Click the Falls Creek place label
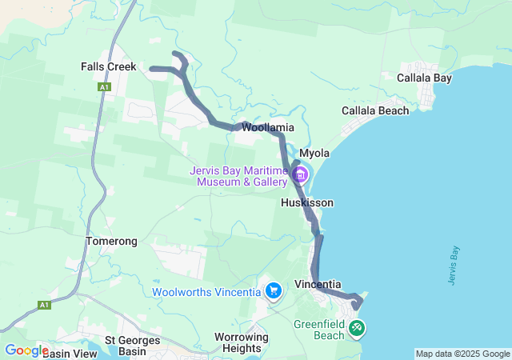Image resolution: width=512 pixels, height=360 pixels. [109, 67]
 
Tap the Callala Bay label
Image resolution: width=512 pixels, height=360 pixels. [424, 78]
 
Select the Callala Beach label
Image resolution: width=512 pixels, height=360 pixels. [374, 110]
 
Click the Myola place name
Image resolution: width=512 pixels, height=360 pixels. [314, 153]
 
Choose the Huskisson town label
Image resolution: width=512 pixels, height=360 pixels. [307, 203]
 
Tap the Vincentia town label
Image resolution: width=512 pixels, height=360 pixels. [318, 285]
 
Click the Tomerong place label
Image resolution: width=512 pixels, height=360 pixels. [111, 241]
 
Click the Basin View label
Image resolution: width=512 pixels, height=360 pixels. [70, 353]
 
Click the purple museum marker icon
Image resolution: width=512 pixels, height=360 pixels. [300, 174]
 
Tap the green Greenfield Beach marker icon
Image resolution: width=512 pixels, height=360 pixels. [357, 326]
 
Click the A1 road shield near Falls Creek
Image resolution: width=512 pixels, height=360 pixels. [104, 86]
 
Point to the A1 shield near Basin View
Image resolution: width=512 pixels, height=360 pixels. [43, 305]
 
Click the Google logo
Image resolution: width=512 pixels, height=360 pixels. [26, 350]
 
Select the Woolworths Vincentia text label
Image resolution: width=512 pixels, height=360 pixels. [206, 292]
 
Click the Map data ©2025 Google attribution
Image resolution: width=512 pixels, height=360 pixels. [462, 354]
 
